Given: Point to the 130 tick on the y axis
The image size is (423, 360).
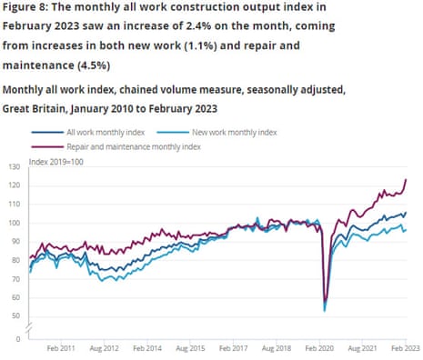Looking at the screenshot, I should [13, 167].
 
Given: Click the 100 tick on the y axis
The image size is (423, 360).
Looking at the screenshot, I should [13, 223].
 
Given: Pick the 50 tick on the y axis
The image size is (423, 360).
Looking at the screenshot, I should [15, 315].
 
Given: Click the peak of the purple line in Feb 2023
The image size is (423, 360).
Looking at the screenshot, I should [406, 179].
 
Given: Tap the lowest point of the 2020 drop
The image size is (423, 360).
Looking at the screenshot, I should [326, 310].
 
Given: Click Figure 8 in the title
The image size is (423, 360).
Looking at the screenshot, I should [27, 9].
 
